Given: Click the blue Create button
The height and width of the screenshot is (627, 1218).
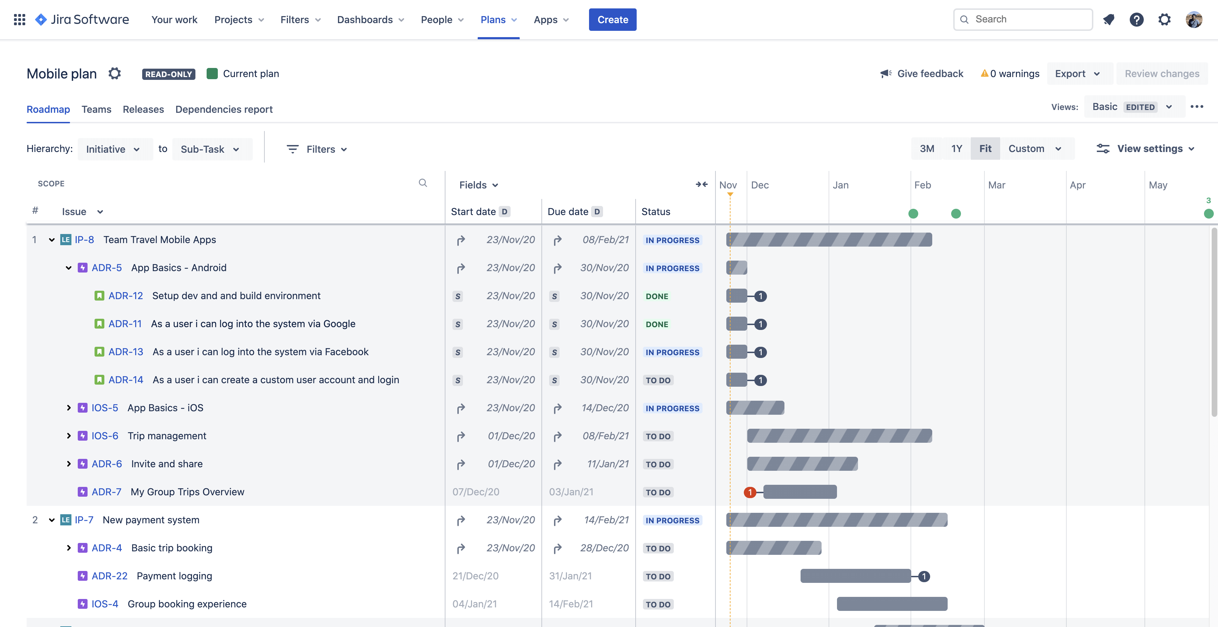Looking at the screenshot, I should (x=612, y=19).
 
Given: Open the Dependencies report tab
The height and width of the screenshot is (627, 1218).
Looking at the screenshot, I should (x=224, y=109).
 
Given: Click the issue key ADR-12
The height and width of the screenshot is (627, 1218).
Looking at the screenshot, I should (x=125, y=296).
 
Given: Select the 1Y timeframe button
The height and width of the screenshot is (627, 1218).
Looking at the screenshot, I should (x=956, y=149).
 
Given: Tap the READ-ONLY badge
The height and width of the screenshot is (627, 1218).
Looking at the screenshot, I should (x=168, y=74).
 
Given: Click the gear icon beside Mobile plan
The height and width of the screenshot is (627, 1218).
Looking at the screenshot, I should (x=115, y=74).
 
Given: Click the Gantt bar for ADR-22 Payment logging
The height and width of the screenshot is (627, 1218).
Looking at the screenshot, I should (x=855, y=576).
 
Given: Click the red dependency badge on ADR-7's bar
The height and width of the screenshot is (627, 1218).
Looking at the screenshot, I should (x=749, y=492).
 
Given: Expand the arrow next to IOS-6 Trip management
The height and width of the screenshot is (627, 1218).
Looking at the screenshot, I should (x=69, y=436).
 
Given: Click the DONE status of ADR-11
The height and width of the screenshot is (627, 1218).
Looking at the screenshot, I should (x=657, y=324).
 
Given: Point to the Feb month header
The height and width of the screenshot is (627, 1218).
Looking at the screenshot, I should (x=922, y=185).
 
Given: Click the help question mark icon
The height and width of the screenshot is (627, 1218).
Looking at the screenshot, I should (x=1136, y=19).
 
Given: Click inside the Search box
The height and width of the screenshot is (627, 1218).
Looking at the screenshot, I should (x=1026, y=19).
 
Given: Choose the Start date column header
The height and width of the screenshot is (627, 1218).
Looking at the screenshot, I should (x=473, y=212).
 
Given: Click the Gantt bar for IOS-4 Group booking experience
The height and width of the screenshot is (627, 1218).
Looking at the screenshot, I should (x=891, y=604).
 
